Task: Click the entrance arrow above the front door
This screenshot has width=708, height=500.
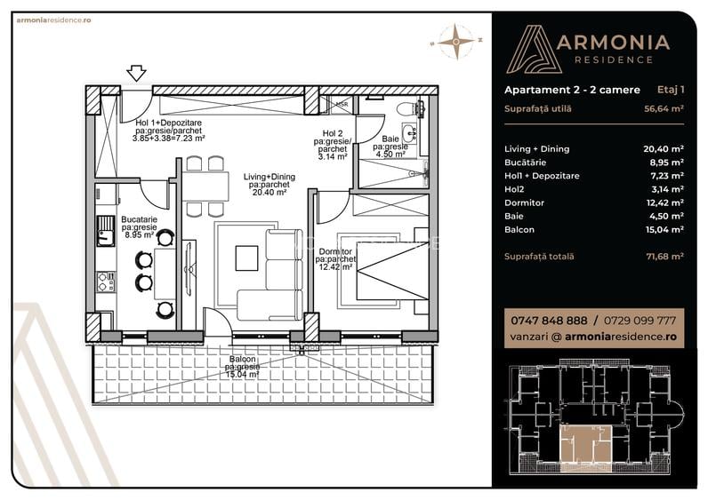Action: [137, 73]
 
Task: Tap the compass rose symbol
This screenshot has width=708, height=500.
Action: [455, 39]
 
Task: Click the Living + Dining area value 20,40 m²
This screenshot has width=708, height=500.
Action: [664, 149]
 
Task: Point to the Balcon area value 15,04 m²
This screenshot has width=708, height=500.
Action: [664, 229]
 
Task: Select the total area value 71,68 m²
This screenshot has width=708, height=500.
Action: [664, 257]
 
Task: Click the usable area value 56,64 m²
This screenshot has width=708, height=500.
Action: [664, 109]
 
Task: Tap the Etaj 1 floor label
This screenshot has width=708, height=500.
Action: [670, 90]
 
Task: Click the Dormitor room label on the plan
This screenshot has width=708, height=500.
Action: [335, 251]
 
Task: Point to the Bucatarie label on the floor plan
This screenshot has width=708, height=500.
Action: [140, 219]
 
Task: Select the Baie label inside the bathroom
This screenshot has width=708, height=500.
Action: [391, 139]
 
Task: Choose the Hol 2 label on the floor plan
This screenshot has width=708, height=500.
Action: [334, 133]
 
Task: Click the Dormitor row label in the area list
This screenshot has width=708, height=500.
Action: [526, 202]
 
